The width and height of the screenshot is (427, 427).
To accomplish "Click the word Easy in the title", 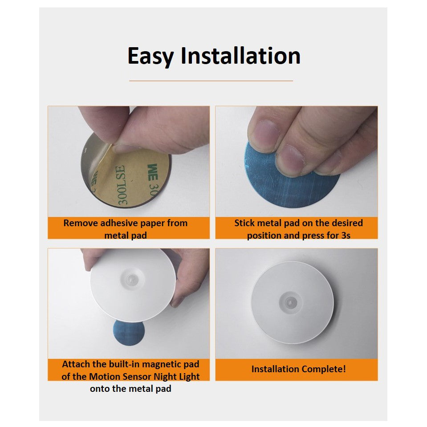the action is tap(150, 56).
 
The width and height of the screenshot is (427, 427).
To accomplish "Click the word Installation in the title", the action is tap(240, 56).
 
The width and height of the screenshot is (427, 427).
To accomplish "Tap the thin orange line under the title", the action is tap(211, 81).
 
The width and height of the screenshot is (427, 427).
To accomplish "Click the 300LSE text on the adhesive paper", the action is tap(122, 186).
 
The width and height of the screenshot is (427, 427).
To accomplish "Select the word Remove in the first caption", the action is tap(81, 223).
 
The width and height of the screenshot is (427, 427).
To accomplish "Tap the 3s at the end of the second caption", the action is tap(346, 235).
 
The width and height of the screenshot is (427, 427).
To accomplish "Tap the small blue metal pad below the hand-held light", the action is tap(129, 334).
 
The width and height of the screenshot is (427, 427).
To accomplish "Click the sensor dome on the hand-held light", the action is tap(132, 280).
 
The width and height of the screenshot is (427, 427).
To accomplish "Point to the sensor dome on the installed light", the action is tap(291, 302).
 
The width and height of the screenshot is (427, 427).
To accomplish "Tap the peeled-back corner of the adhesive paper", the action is tap(105, 158).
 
